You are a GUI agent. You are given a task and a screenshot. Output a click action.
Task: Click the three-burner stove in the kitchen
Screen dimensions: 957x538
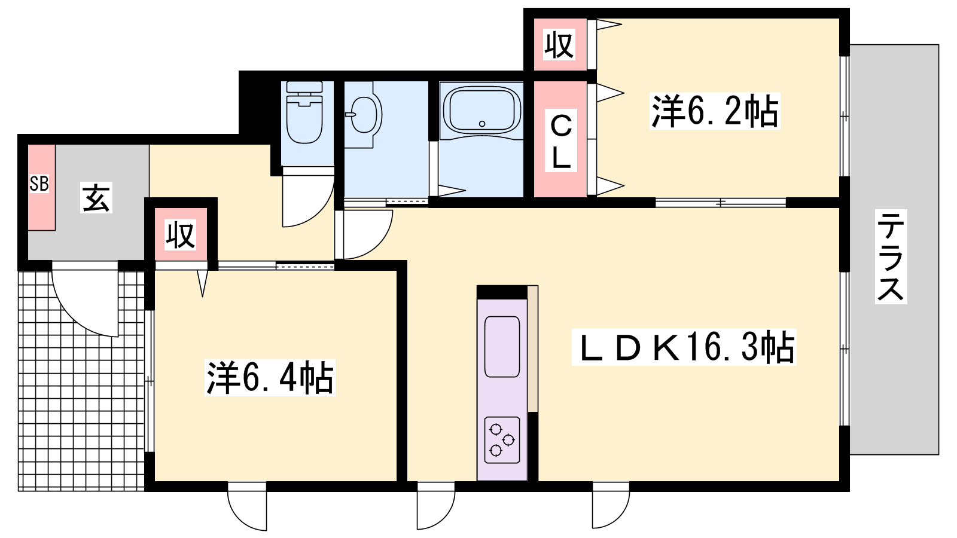[502, 440]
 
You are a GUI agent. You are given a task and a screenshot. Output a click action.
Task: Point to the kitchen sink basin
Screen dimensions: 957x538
[502, 347]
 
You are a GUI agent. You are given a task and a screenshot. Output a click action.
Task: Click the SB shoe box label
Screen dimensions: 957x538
[39, 184]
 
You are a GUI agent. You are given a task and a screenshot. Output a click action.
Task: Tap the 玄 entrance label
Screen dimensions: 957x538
[96, 197]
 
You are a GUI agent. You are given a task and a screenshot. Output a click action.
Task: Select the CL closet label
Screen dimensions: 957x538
[561, 141]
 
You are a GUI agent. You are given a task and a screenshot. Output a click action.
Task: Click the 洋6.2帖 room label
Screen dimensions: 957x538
[715, 111]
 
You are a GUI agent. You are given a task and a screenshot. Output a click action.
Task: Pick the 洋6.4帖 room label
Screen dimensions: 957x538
[270, 378]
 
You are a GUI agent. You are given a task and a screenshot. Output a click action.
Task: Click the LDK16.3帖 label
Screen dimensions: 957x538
[684, 347]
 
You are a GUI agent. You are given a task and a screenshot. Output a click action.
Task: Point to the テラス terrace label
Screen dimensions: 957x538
[891, 256]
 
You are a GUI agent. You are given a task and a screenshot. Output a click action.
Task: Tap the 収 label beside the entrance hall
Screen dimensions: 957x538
[181, 235]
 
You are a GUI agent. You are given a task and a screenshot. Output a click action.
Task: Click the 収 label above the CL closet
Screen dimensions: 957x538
[559, 44]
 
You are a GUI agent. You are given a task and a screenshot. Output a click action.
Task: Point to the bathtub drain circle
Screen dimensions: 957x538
[482, 124]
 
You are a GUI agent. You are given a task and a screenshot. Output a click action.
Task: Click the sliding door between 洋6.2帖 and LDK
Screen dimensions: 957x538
[720, 203]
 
